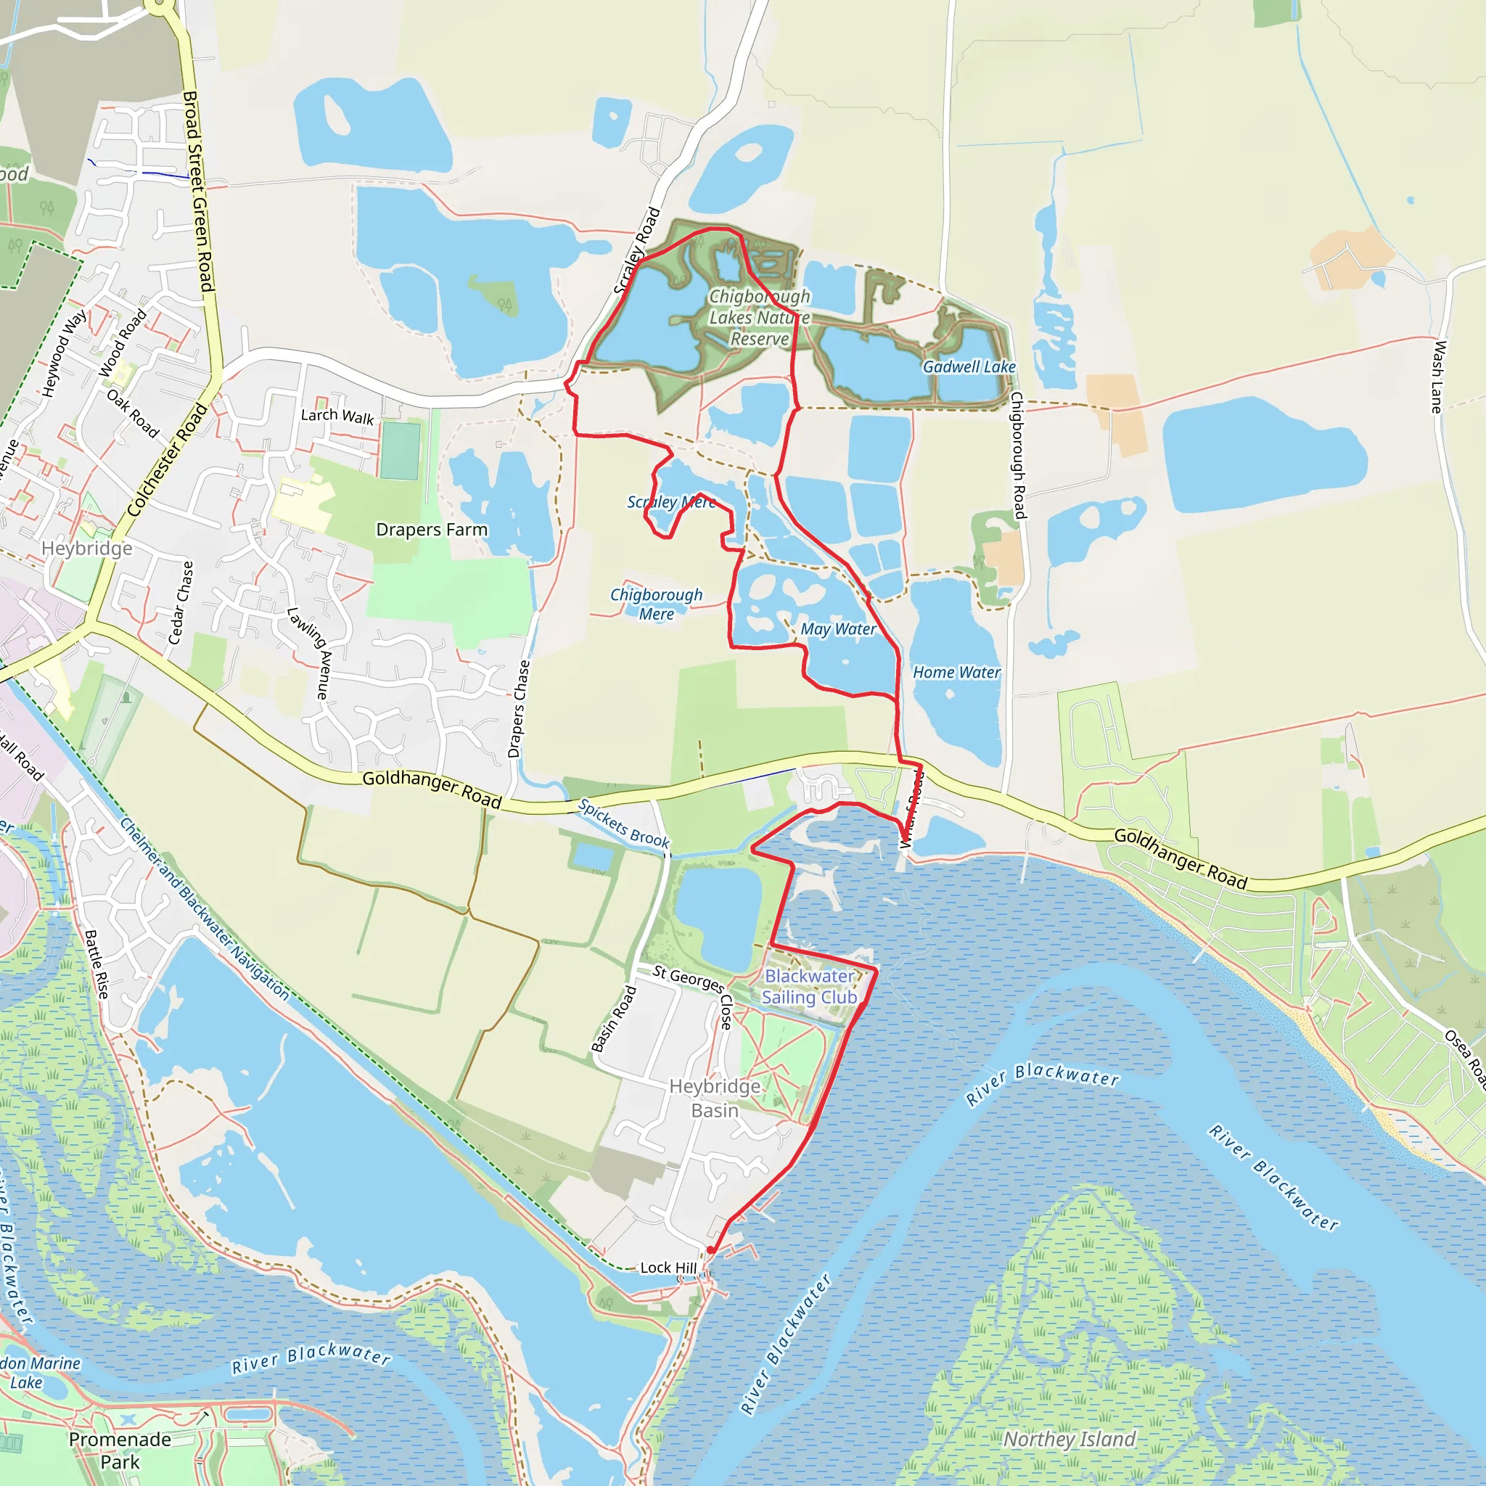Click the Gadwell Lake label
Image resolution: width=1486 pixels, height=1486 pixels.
point(969,367)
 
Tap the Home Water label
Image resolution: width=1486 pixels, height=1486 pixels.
point(956,672)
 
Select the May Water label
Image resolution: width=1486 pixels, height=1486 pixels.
point(837,629)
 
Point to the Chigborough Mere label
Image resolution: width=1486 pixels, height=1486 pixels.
point(656,604)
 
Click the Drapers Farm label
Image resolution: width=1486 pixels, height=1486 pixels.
point(432,529)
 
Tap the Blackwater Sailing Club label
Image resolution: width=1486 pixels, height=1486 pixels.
point(809,986)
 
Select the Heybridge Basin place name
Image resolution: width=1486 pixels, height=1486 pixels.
point(715,1098)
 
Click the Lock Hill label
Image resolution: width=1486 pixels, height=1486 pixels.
point(668,1268)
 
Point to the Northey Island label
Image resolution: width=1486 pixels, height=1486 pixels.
point(1069,1439)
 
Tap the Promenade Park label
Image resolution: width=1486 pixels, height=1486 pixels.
point(120,1450)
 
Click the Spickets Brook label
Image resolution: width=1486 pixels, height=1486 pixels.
point(623,823)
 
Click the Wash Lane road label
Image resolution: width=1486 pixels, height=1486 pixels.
point(1437,376)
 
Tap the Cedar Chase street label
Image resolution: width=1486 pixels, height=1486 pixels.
point(181,602)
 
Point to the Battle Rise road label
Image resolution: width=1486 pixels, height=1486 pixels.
point(97,964)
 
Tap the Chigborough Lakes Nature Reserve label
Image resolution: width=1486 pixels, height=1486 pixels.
point(759,318)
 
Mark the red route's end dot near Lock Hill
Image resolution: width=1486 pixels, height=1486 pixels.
point(710,1251)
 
